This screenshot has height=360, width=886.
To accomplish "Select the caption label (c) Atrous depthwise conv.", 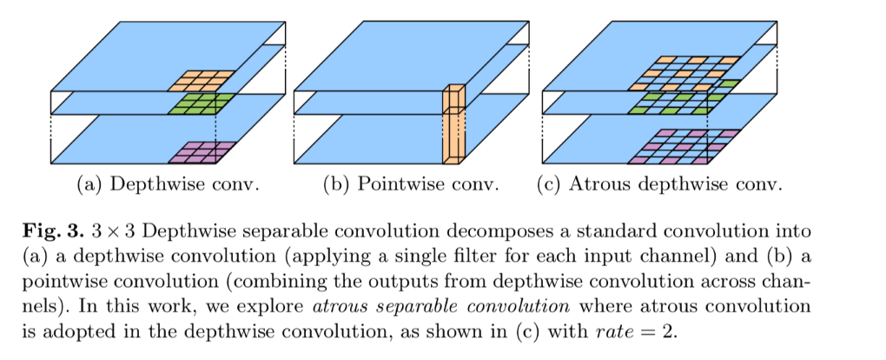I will [x=661, y=184].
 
